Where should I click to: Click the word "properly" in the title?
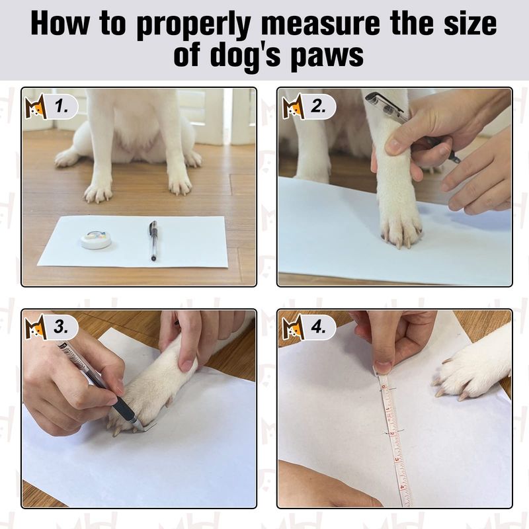point(193,24)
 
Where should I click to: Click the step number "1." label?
point(61,107)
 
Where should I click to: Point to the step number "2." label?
point(318,106)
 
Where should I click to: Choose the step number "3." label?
point(61,327)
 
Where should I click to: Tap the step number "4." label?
point(318,327)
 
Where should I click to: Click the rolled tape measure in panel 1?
point(97,239)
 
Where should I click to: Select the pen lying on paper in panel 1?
point(153,241)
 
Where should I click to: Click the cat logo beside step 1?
point(36,107)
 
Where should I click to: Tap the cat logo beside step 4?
point(292,327)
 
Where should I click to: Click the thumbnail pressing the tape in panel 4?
point(383,368)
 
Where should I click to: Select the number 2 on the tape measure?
point(392,433)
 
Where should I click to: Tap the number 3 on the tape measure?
point(397,460)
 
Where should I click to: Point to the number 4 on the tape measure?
point(401,487)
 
